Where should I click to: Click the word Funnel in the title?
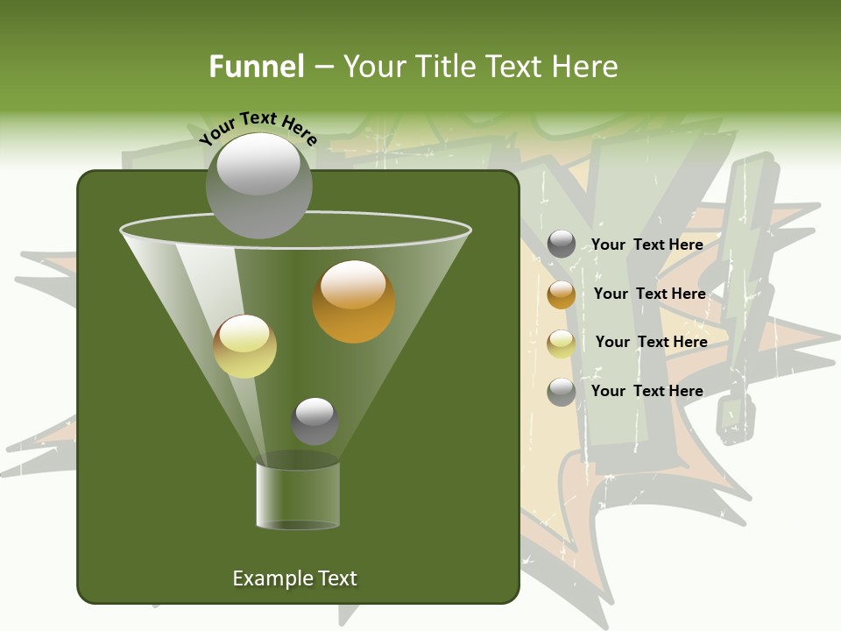coord(256,67)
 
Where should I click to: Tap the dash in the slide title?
coord(322,67)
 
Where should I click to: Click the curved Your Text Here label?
coord(258,126)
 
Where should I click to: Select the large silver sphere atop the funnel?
coord(258,185)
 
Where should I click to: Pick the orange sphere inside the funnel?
coord(354,301)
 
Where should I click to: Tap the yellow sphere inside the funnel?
coord(245,346)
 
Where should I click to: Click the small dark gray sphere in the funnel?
coord(314,421)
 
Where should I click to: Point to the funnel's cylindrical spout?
coord(298,495)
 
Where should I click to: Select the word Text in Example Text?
coord(337,578)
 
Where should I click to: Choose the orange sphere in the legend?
coord(562,294)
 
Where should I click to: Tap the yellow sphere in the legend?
coord(562,343)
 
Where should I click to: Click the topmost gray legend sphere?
coord(562,245)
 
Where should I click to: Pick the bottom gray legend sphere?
coord(562,392)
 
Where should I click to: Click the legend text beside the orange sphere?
coord(649,294)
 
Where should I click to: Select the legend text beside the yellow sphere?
coord(651,342)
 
